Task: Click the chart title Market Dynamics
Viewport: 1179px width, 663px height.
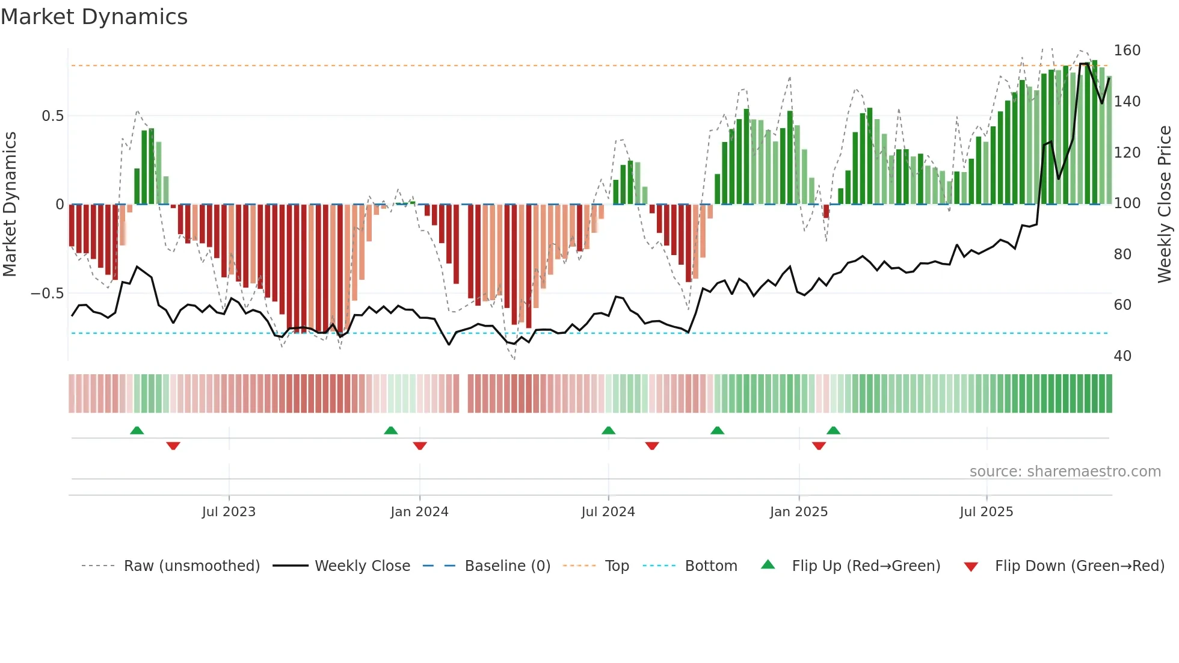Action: (94, 17)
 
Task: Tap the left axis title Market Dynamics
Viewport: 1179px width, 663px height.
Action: (10, 204)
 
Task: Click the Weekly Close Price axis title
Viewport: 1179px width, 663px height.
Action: (1165, 204)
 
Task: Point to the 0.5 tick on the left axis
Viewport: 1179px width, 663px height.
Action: (52, 116)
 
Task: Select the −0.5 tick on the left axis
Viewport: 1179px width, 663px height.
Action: (48, 294)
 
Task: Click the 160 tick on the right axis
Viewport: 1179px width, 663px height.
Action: (1127, 51)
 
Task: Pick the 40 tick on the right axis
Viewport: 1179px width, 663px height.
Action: (1122, 356)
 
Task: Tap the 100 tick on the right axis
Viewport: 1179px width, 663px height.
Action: (1127, 203)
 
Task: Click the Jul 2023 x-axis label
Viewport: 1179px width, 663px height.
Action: (229, 512)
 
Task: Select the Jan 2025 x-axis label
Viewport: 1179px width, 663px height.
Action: (799, 512)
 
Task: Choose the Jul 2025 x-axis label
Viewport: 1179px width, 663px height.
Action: (987, 512)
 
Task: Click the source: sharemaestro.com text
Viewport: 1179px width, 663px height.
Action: (1065, 472)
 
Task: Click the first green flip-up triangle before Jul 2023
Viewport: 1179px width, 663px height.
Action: (137, 430)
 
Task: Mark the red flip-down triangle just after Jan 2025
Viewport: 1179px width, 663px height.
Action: (819, 446)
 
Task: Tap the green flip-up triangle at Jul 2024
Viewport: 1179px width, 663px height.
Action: (608, 430)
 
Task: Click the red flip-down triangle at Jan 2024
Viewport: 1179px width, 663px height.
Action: (420, 446)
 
